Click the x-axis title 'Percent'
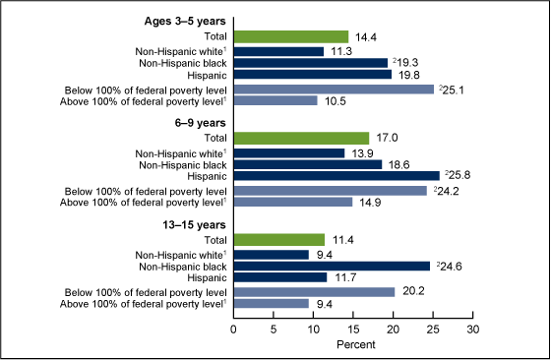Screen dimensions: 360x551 [353, 345]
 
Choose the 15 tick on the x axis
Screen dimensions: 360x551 [353, 330]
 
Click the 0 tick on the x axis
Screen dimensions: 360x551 [234, 330]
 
